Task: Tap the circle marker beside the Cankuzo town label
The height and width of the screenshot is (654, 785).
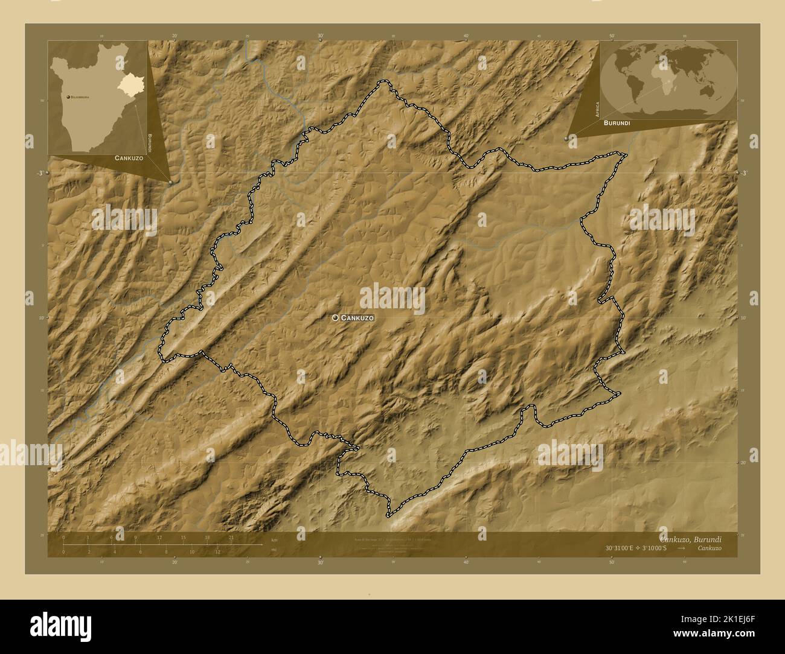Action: coord(335,317)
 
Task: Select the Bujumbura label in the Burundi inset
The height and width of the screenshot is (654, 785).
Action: coord(79,97)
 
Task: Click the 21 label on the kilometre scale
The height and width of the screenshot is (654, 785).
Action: coord(231,538)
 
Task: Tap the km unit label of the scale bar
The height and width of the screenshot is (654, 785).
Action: coord(274,539)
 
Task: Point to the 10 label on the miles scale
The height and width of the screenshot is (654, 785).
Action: coord(192,551)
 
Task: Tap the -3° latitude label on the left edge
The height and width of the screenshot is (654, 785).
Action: coord(39,173)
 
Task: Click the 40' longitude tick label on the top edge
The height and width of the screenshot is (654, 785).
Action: coord(466,36)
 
